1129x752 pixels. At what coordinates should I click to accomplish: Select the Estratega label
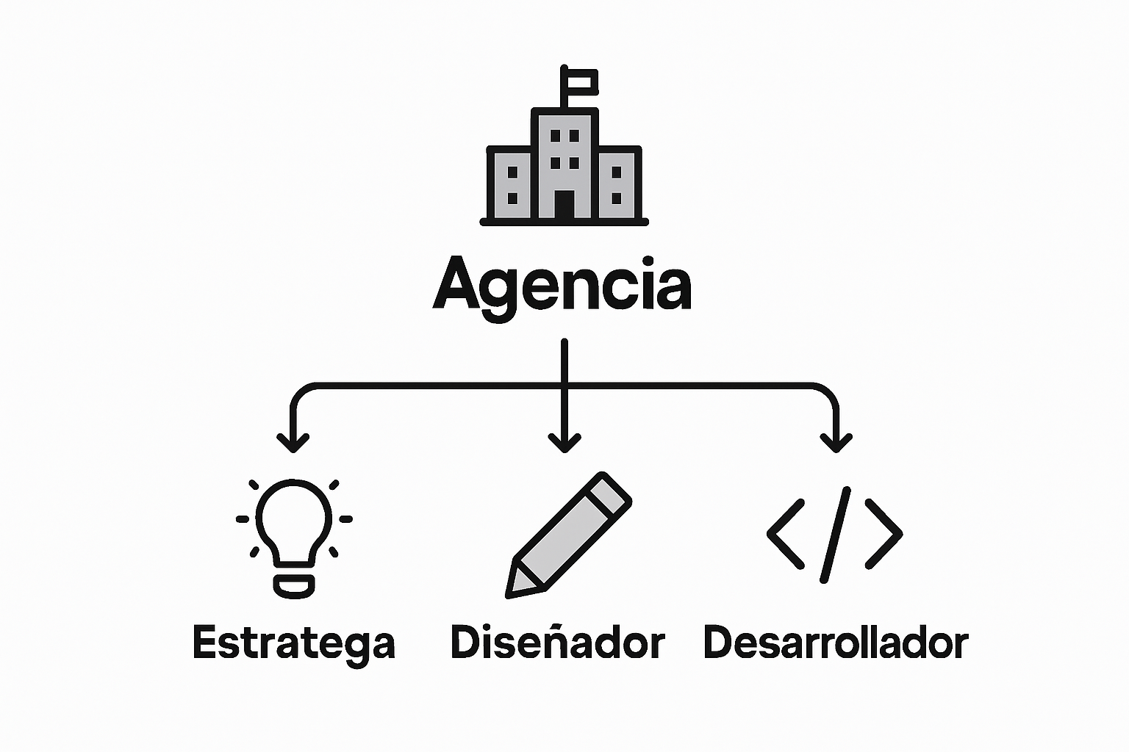point(294,643)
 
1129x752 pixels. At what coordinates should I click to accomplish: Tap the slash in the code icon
point(835,534)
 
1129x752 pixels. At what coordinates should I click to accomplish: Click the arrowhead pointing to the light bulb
point(293,443)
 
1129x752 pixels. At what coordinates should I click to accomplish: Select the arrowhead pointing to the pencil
point(564,443)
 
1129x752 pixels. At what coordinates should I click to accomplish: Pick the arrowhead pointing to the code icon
point(836,443)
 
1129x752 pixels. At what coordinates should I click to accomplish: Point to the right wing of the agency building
point(617,184)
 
